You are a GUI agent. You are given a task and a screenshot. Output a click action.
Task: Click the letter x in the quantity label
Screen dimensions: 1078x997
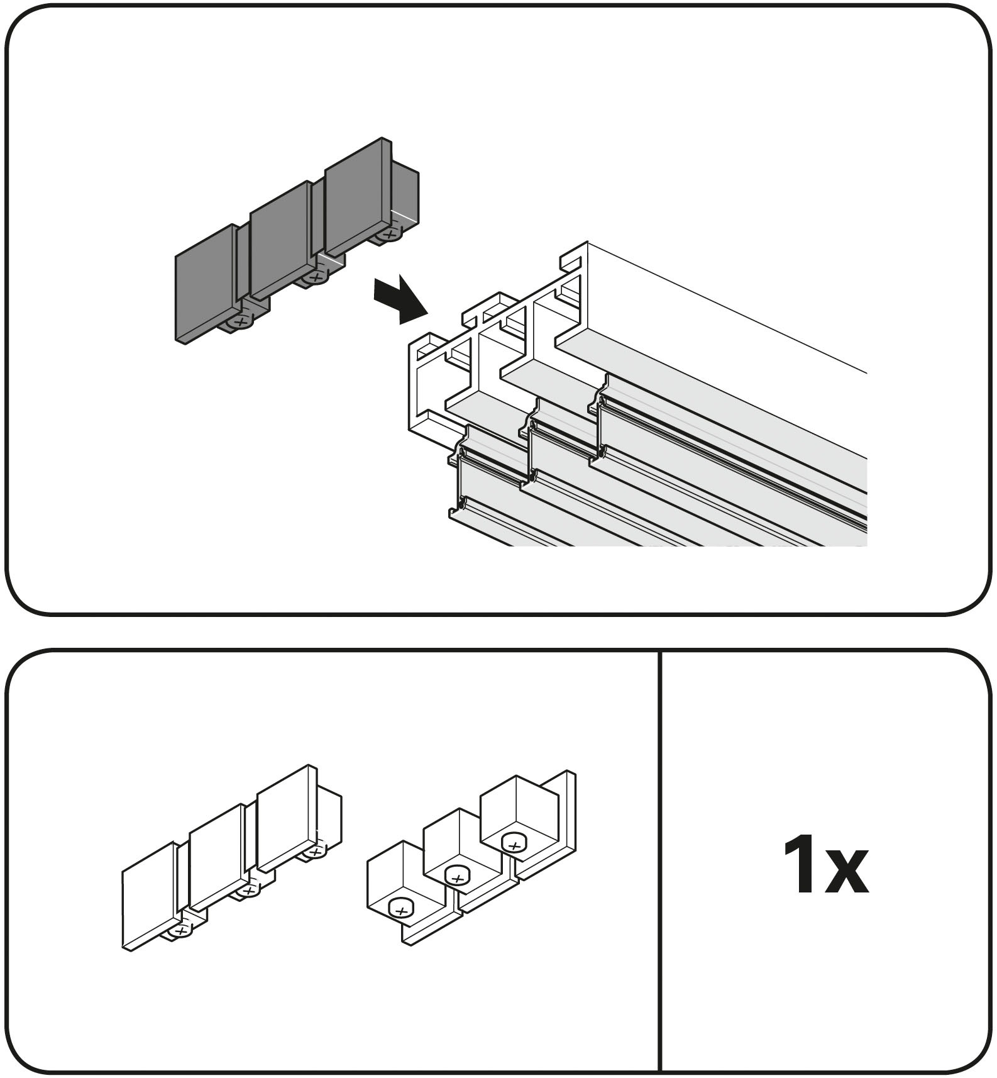click(847, 875)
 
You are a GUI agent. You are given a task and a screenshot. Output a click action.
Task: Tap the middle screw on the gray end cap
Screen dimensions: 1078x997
click(312, 277)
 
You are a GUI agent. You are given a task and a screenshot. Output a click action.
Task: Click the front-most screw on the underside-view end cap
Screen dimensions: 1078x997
click(400, 908)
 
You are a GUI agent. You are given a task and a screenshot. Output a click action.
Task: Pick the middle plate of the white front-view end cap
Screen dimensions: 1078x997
click(216, 858)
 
